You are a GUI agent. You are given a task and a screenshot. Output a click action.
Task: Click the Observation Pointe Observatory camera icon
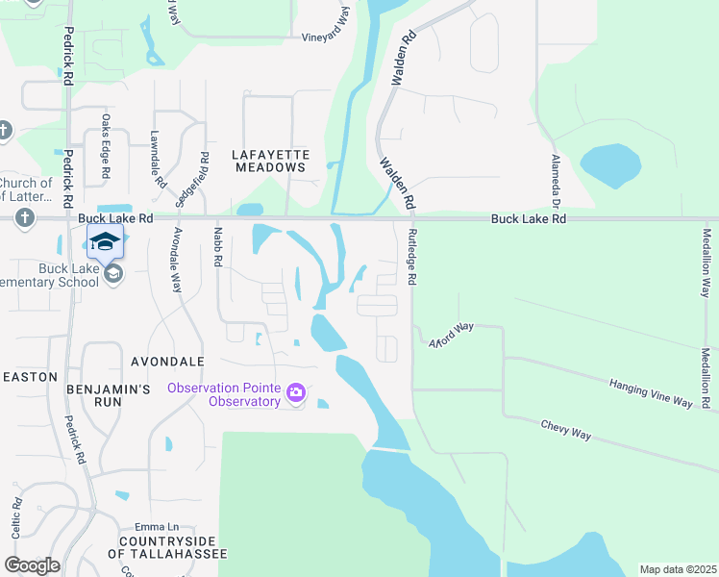point(295,391)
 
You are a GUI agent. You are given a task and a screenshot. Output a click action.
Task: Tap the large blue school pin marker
point(105,241)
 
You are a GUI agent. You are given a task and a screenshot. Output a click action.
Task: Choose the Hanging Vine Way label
point(651,392)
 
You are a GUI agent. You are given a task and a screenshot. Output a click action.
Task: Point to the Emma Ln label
point(158,527)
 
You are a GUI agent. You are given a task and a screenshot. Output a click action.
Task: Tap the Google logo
point(32,564)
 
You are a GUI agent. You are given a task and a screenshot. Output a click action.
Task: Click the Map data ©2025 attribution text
point(677,569)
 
